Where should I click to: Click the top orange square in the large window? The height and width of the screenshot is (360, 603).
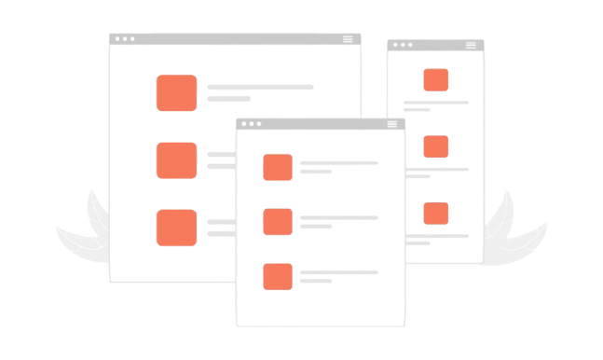coord(176,93)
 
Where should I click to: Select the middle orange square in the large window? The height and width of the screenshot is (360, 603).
coord(176,159)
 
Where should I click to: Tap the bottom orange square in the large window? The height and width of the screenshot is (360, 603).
coord(176,228)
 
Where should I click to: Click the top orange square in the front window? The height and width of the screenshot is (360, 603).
coord(278,167)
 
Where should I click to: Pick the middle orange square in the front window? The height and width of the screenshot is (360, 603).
coord(278,222)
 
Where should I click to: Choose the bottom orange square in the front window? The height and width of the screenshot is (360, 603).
coord(278,276)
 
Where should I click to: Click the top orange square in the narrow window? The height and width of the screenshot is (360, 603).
coord(435,80)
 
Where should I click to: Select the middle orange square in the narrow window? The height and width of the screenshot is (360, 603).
coord(435,146)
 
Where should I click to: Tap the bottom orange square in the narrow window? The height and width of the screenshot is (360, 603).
coord(435,214)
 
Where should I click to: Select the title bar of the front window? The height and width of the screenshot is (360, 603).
coord(322,123)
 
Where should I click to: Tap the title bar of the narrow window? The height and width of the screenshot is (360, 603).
coord(435,45)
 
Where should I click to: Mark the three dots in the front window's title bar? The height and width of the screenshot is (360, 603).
coord(249,123)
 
